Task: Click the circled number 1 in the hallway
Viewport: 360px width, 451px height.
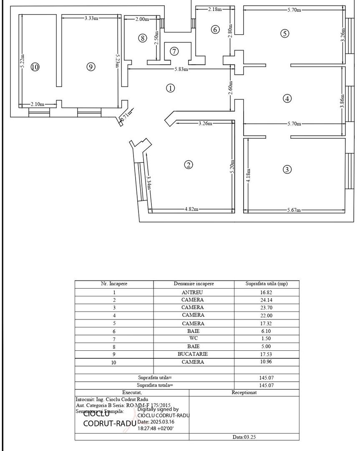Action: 170,88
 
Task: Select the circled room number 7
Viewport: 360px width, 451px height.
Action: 174,51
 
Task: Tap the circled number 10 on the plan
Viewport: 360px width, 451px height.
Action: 35,67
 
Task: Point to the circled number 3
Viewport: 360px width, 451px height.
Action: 287,170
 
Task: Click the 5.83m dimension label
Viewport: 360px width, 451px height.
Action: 181,69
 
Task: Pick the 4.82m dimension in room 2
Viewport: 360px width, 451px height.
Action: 191,209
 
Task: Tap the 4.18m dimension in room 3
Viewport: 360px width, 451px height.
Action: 248,175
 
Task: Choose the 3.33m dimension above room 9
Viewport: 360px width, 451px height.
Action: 91,18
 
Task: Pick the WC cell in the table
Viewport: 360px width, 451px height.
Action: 193,338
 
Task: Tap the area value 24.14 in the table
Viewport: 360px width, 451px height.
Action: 266,300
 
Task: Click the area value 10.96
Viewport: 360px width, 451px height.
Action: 266,362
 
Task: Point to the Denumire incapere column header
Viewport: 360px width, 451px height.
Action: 194,284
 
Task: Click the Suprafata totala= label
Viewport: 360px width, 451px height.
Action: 155,385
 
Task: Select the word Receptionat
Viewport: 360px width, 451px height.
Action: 244,393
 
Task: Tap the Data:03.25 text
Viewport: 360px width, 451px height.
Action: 244,437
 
